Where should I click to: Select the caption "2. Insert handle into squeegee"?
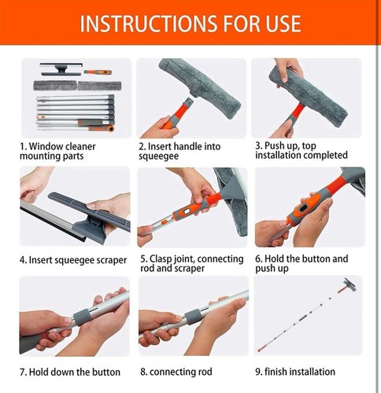pos(179,151)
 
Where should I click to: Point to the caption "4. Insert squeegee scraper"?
pos(68,259)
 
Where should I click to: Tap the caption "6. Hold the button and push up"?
pos(301,263)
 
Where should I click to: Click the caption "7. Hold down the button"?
pos(70,371)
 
